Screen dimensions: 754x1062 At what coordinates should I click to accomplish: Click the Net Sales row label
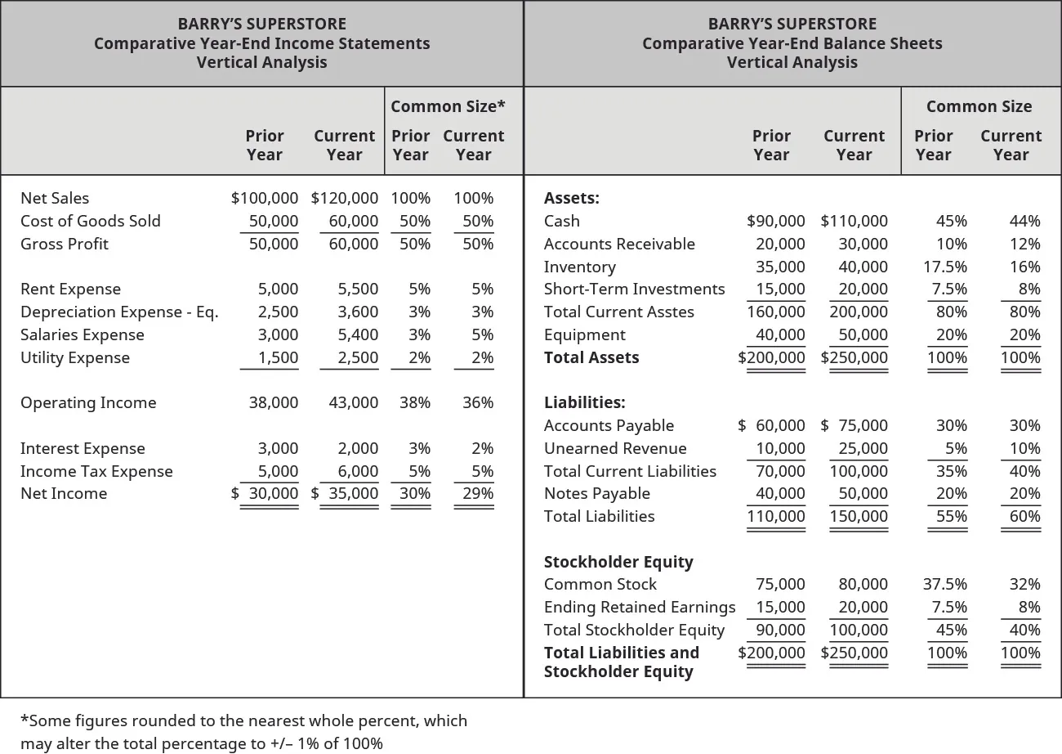55,198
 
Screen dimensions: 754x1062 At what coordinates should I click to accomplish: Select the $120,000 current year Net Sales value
345,198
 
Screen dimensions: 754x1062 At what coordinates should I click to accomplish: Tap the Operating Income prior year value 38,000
273,402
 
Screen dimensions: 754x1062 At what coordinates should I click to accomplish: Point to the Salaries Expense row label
82,334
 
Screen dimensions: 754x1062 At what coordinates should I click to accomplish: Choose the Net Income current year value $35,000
345,493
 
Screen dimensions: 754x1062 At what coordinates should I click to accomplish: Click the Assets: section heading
571,198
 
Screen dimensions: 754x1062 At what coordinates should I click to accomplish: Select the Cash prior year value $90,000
776,221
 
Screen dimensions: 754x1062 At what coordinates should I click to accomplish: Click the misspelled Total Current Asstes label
618,312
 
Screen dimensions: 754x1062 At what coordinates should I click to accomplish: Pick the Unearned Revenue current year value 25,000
863,448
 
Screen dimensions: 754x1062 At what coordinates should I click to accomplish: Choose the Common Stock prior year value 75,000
780,584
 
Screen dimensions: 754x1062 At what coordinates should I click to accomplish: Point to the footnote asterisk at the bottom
24,720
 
